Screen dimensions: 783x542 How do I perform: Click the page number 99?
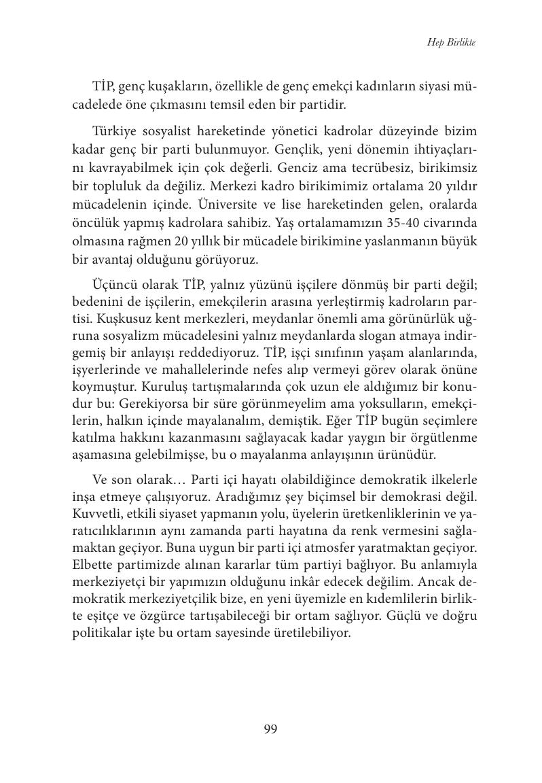point(270,729)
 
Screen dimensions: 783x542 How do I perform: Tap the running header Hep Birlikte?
point(451,42)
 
